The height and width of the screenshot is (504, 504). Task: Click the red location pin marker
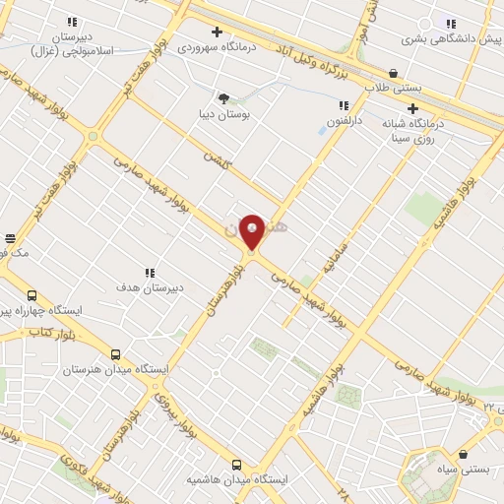pyautogui.click(x=252, y=231)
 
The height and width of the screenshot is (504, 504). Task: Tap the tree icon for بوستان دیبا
pyautogui.click(x=224, y=98)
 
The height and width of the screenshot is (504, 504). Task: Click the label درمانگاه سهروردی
pyautogui.click(x=216, y=46)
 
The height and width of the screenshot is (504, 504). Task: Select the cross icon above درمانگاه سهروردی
pyautogui.click(x=217, y=31)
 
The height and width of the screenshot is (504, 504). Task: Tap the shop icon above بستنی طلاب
pyautogui.click(x=394, y=73)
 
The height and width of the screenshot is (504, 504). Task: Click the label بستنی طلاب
pyautogui.click(x=393, y=87)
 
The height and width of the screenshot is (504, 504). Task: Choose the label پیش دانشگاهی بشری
pyautogui.click(x=452, y=39)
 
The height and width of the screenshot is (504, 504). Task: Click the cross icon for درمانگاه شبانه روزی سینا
pyautogui.click(x=412, y=109)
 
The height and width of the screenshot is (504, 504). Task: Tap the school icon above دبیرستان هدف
pyautogui.click(x=150, y=273)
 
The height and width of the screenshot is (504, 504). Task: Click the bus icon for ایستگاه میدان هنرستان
pyautogui.click(x=116, y=355)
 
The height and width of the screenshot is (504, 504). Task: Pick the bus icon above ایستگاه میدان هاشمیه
pyautogui.click(x=236, y=465)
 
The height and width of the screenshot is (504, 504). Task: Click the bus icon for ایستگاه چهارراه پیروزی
pyautogui.click(x=31, y=295)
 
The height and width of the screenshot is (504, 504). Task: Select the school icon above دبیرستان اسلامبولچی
pyautogui.click(x=72, y=22)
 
